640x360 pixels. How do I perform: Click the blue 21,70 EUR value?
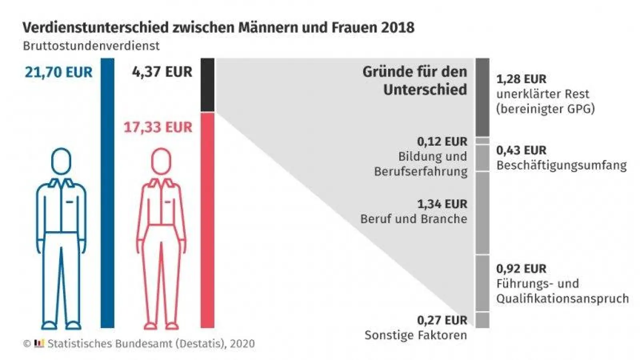pos(58,72)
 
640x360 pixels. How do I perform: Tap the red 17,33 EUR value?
pos(158,127)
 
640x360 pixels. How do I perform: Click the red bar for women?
pos(207,220)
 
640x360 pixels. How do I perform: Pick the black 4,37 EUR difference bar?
pos(207,84)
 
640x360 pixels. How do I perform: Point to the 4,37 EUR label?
pos(162,72)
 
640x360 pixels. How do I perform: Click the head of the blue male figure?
pos(61,161)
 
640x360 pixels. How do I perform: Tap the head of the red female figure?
pos(161,161)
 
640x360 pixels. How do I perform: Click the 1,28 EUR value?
pos(521,79)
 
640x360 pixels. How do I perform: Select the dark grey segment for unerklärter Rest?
pos(482,97)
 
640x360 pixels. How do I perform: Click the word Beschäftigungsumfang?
pos(561,165)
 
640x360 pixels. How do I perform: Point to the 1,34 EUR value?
pos(442,204)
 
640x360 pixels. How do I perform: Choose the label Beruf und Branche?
pos(414,219)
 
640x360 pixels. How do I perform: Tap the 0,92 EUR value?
pos(521,269)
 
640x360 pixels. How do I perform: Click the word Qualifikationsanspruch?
pos(562,298)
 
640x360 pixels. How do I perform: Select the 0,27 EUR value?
pos(442,320)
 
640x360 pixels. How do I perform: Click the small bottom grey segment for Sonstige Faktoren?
pos(482,320)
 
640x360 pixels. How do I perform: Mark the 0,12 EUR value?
pos(442,142)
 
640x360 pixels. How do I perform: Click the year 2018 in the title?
pos(398,27)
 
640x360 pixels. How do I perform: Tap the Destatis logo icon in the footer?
pos(39,343)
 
